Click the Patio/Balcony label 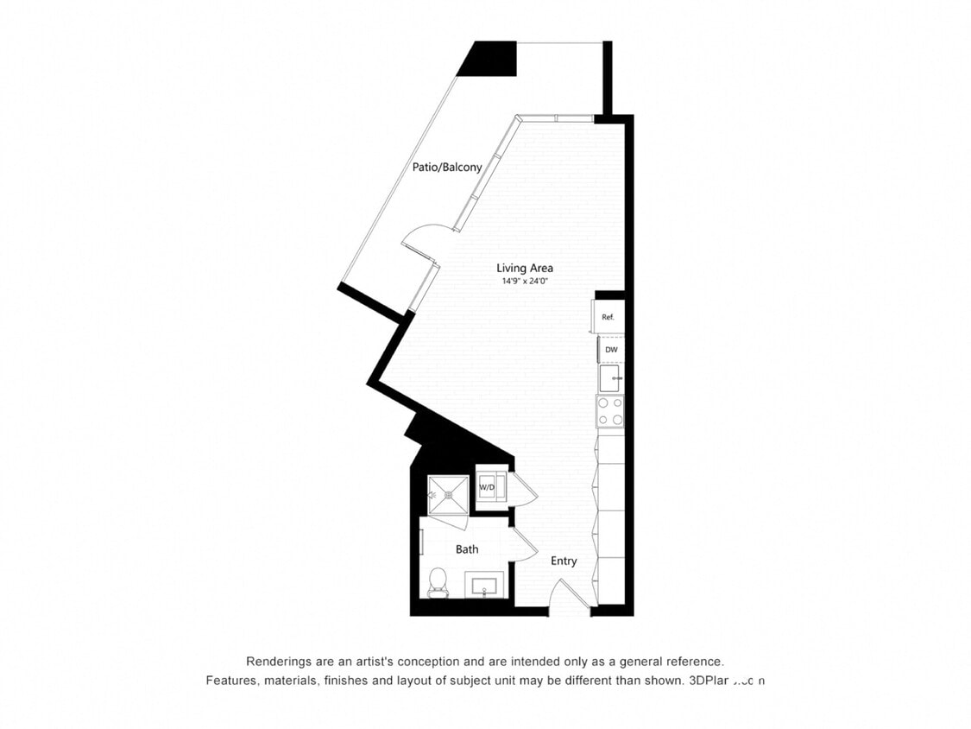tap(446, 168)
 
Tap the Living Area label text tap(524, 268)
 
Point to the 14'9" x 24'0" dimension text tap(524, 282)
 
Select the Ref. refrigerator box tap(607, 317)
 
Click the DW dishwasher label tap(610, 350)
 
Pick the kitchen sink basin tap(609, 377)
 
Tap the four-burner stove tap(609, 411)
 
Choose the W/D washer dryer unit tap(488, 488)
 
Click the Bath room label tap(467, 549)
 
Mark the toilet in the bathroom tap(438, 581)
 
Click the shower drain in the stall tap(448, 495)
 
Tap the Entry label tap(564, 561)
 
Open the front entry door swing tap(570, 596)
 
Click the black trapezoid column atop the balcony tap(489, 59)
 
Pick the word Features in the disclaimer tap(231, 681)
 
